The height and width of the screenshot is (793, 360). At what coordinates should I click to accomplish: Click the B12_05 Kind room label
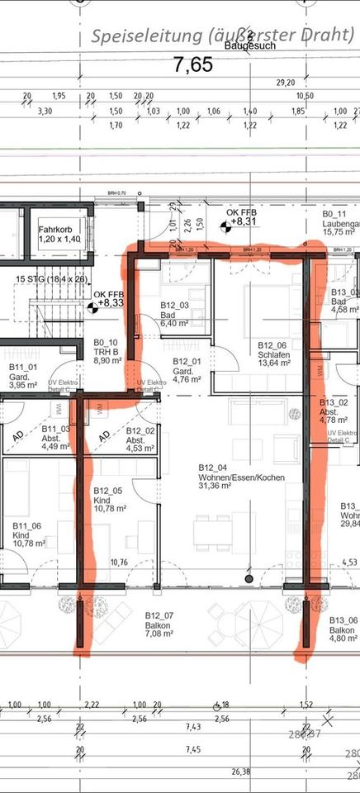tap(109, 496)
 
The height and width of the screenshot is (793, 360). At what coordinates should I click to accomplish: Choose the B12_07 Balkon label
tap(159, 621)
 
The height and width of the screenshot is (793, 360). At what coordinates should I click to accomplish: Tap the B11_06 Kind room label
tap(26, 531)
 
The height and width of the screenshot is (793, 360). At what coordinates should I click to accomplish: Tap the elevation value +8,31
tap(242, 221)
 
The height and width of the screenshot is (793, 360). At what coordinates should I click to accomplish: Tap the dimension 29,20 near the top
tap(285, 83)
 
